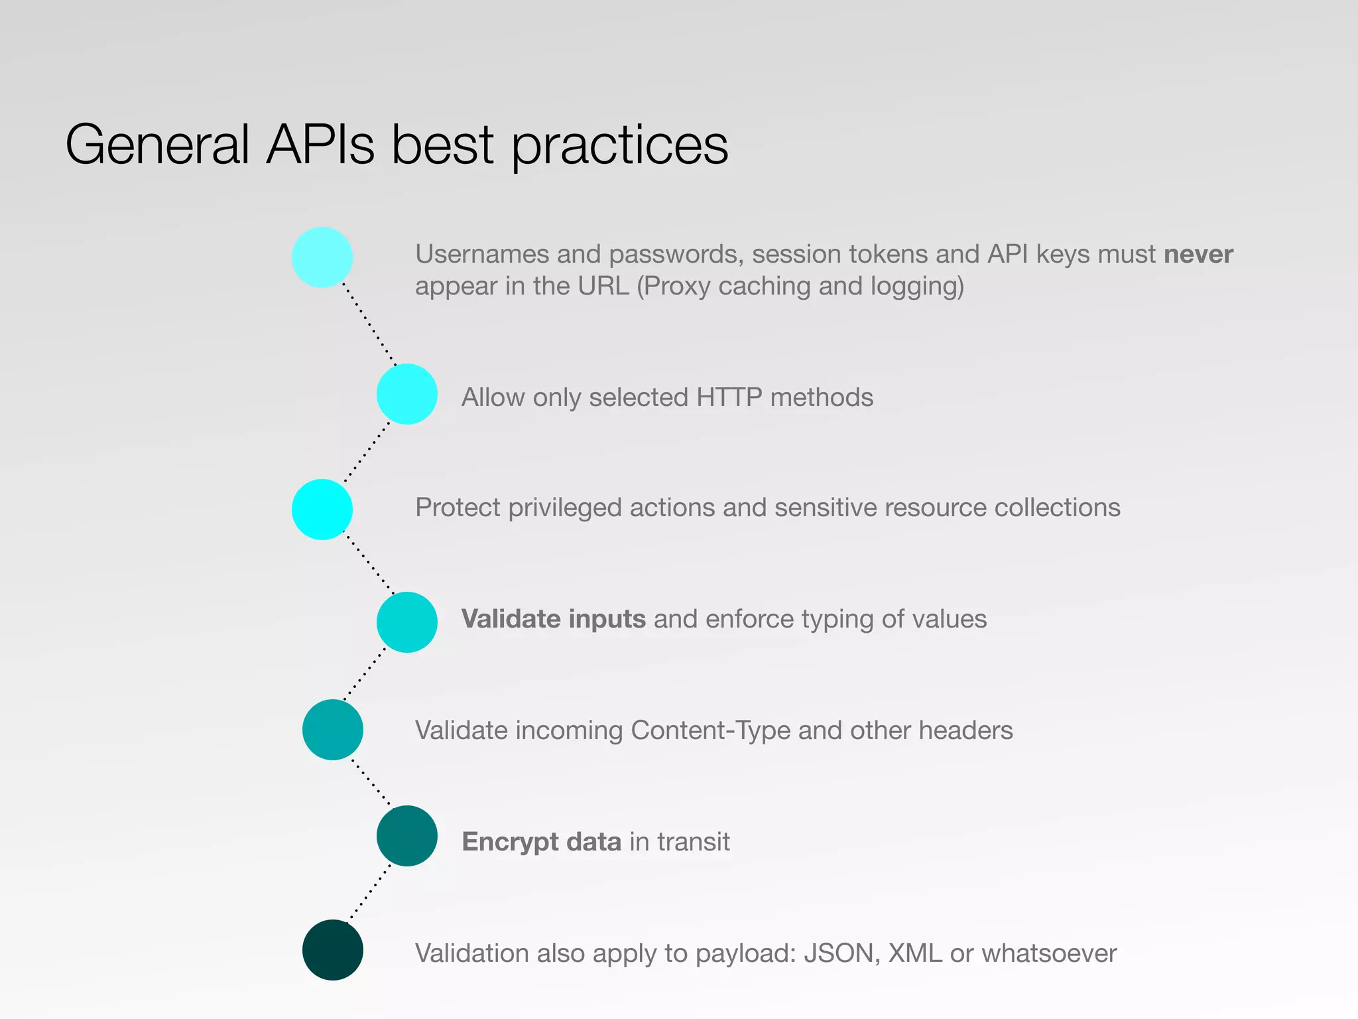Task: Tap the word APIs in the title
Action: point(320,145)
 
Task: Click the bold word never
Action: point(1198,254)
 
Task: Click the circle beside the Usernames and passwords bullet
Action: point(322,257)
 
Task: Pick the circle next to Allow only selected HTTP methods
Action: point(407,394)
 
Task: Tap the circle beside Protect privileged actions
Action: point(322,509)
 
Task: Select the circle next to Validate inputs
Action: point(407,622)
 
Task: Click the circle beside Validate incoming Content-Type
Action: point(333,730)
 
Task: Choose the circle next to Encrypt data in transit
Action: point(407,836)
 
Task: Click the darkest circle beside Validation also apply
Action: point(333,950)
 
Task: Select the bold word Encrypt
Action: point(510,843)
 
